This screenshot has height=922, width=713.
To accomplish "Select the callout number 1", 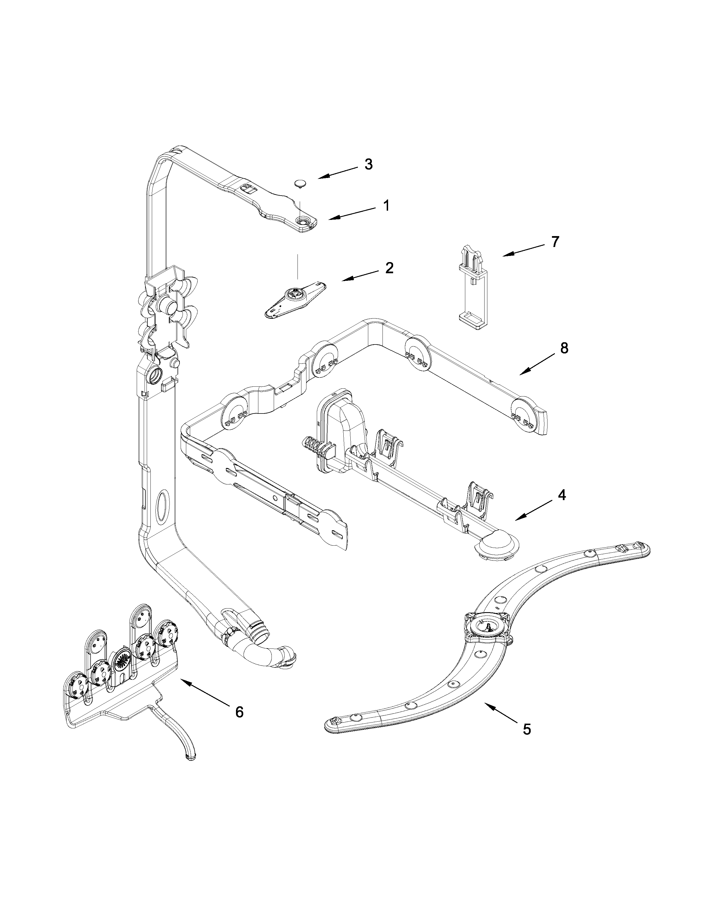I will (x=386, y=206).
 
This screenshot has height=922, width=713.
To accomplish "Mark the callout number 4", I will (x=561, y=495).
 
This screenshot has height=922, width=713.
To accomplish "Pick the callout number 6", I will (x=239, y=712).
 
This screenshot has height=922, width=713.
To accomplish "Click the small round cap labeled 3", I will (x=300, y=182).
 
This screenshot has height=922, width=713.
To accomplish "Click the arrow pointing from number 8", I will (x=538, y=363).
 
